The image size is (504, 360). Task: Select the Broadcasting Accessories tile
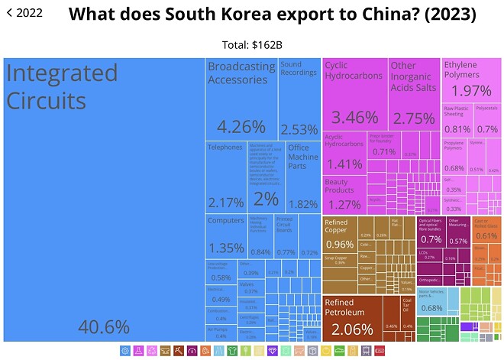[241, 99]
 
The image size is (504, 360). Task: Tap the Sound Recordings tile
[299, 99]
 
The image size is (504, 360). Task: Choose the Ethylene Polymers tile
[471, 81]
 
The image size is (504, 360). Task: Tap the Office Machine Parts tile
[302, 176]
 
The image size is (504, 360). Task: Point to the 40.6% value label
[104, 327]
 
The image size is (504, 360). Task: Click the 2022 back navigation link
[24, 13]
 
